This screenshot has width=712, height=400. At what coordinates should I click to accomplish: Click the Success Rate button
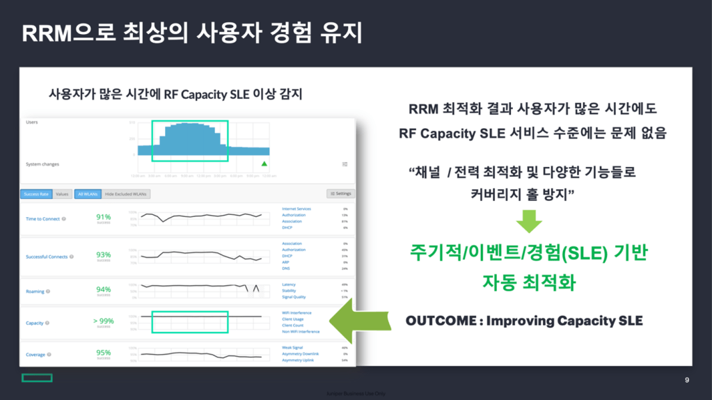(35, 194)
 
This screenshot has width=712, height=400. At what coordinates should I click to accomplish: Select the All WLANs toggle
(88, 194)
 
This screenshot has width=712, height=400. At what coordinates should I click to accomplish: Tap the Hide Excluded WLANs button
(127, 194)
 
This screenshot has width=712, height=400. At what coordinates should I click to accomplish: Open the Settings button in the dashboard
(340, 193)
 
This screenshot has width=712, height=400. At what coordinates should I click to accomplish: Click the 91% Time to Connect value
(104, 217)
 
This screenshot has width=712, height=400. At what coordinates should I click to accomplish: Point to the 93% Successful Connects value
(104, 255)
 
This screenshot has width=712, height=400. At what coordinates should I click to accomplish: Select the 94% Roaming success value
(104, 289)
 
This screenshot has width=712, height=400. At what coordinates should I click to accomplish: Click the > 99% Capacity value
(104, 321)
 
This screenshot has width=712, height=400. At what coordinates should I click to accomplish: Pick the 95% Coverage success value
(104, 353)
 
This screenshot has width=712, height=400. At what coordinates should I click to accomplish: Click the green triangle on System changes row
(264, 164)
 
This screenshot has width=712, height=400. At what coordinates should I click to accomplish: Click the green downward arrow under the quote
(529, 222)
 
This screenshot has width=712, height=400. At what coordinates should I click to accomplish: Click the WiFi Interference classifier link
(296, 313)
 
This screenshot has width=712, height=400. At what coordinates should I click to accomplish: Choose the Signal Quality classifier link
(294, 297)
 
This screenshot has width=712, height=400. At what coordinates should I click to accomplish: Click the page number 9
(687, 380)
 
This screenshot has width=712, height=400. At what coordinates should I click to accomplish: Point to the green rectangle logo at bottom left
(37, 378)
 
